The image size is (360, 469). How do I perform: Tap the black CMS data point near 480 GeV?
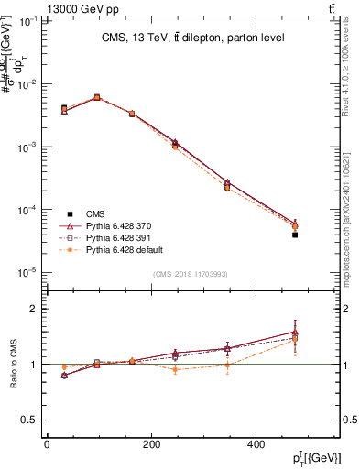pyautogui.click(x=295, y=235)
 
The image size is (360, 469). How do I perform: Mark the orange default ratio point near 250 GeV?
pyautogui.click(x=174, y=369)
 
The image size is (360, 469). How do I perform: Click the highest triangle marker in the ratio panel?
pyautogui.click(x=295, y=333)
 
